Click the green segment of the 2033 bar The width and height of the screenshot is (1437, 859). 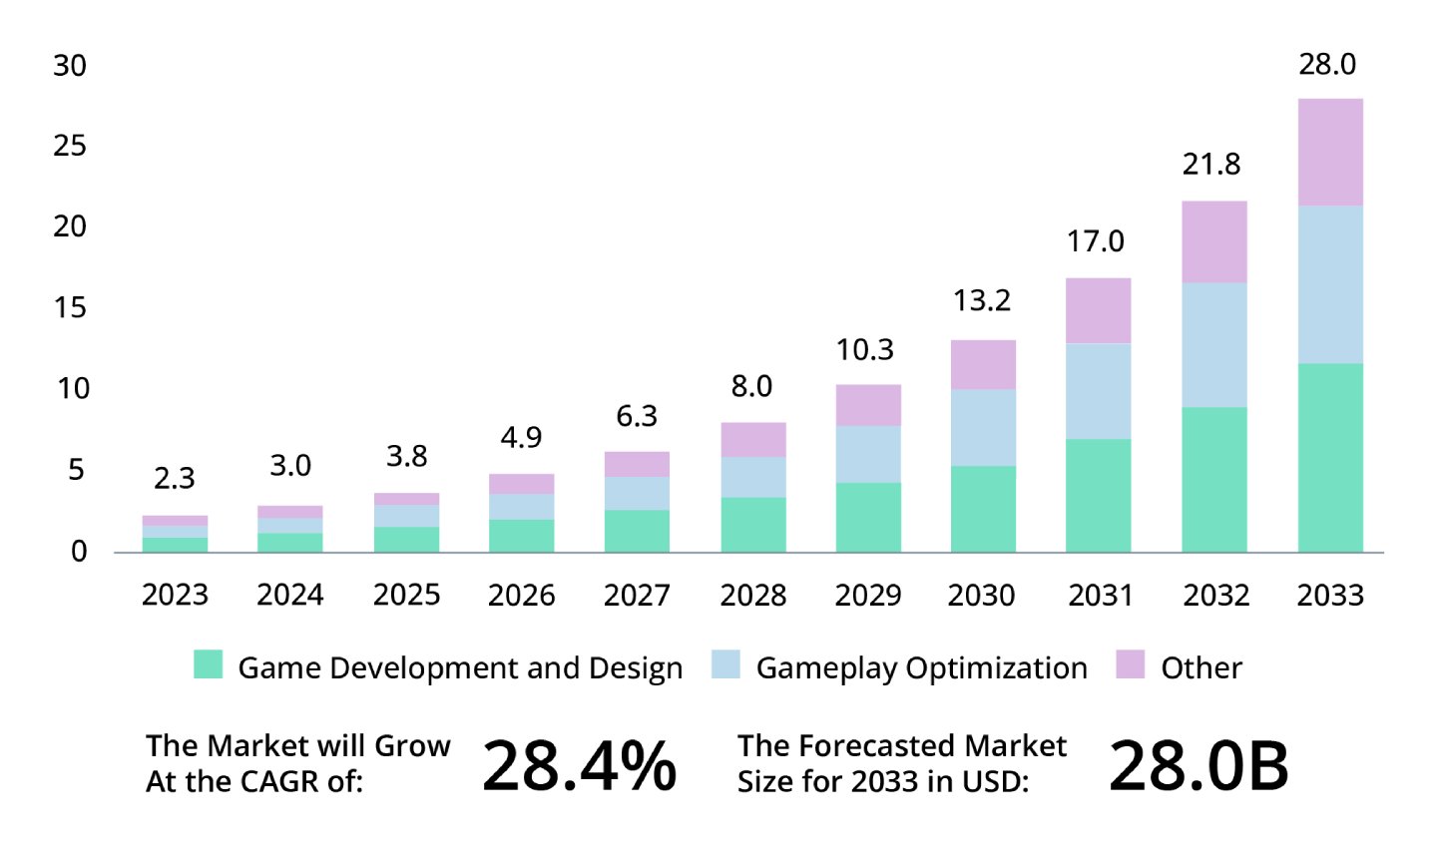tap(1330, 458)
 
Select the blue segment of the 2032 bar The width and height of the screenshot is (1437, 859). tap(1214, 345)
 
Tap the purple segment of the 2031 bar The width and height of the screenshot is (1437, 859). tap(1099, 311)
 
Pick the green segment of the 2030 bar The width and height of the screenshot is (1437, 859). tap(983, 509)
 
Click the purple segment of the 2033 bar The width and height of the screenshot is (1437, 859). tap(1330, 153)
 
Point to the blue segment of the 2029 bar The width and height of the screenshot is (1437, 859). tap(868, 454)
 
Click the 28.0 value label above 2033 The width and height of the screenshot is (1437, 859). tap(1327, 65)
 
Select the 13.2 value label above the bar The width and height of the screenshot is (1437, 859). tap(982, 300)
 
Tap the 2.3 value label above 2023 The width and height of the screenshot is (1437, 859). tap(174, 479)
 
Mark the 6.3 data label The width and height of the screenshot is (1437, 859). tap(637, 416)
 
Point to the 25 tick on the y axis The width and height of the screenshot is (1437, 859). tap(70, 147)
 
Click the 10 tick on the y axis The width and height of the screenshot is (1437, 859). tap(72, 389)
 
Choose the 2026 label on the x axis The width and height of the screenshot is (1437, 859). tap(521, 596)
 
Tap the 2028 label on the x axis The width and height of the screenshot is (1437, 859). tap(752, 596)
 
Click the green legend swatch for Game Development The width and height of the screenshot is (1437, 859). tap(208, 664)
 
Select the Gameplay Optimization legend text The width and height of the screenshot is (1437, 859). tap(921, 668)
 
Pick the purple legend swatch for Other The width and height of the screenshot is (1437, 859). tap(1130, 664)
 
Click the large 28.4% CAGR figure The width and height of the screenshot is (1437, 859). tap(579, 766)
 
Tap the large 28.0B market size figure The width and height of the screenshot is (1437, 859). tap(1198, 766)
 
